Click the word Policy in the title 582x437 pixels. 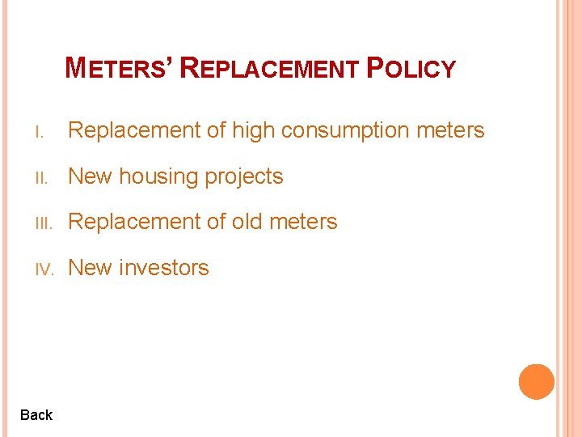click(411, 69)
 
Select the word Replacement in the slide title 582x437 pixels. click(269, 69)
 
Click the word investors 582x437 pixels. click(164, 268)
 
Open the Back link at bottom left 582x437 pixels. click(36, 415)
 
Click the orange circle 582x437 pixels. click(536, 381)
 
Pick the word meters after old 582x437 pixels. click(306, 222)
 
